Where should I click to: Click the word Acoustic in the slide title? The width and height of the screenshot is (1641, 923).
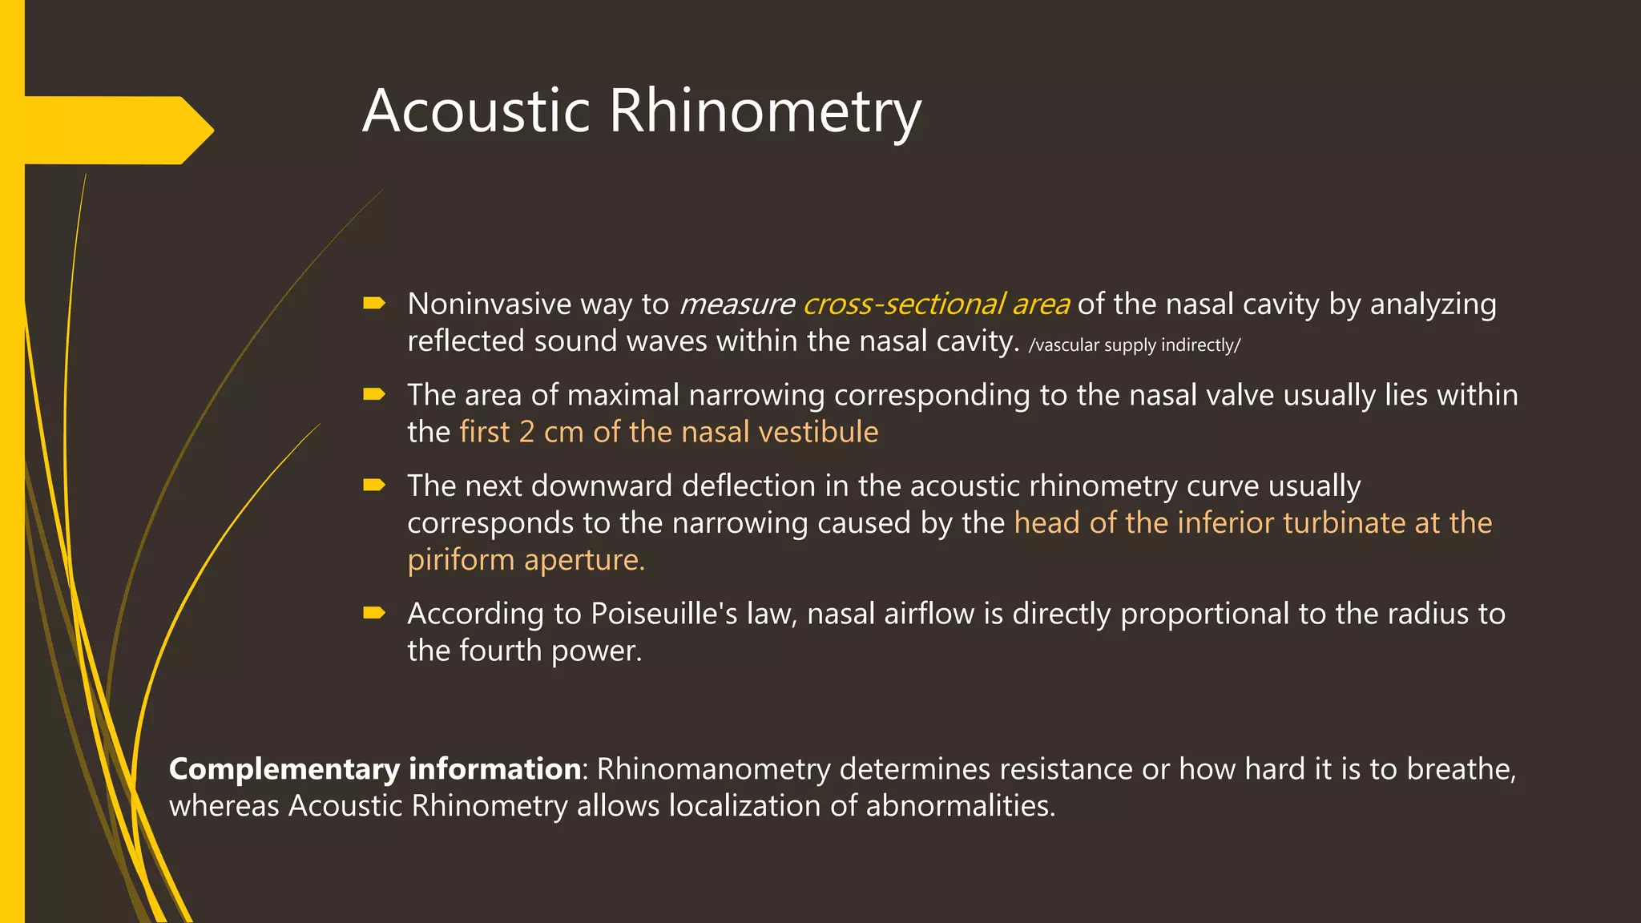476,111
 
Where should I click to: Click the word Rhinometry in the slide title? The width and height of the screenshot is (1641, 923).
765,111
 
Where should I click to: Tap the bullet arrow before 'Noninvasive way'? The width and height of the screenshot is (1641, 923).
373,303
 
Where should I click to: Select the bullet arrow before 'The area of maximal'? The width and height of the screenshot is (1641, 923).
373,394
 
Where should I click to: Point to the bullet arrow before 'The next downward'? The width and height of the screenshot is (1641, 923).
373,485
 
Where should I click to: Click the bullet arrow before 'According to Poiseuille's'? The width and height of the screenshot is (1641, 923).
373,613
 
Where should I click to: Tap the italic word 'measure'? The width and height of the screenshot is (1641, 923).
736,304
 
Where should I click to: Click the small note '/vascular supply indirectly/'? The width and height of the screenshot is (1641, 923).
1134,345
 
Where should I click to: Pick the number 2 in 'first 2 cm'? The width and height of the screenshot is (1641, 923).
526,432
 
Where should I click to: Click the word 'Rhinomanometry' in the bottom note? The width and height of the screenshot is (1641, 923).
713,769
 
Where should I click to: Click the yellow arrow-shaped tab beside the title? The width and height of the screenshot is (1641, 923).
112,130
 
